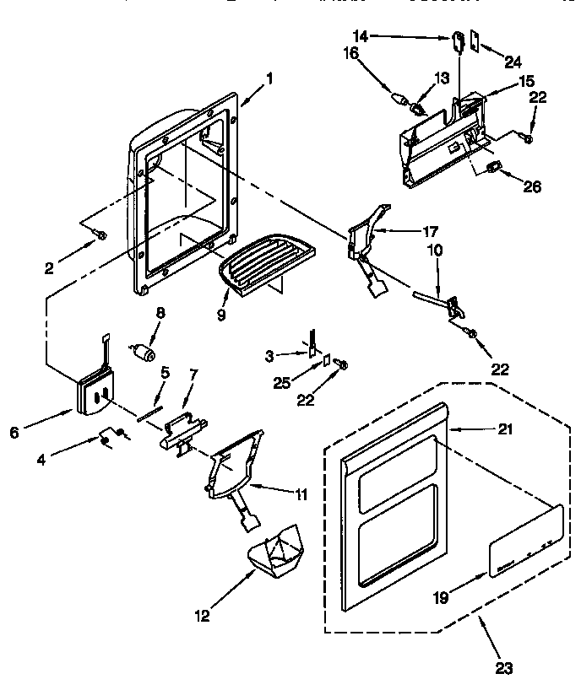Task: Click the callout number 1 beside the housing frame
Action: pyautogui.click(x=269, y=79)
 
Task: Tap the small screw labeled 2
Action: pyautogui.click(x=101, y=235)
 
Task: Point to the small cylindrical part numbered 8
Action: pyautogui.click(x=145, y=349)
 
